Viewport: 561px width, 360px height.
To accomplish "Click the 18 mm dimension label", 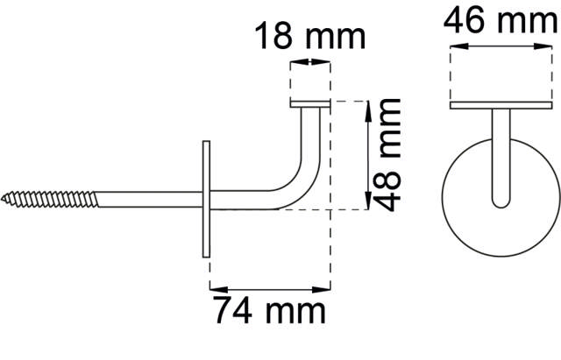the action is pos(310,36).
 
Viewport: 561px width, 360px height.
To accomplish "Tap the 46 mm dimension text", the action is pos(501,21).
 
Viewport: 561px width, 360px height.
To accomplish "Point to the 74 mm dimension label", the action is pos(270,310).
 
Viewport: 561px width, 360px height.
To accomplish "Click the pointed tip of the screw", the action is pos(2,198).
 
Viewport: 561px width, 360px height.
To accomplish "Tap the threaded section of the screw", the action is pos(49,199).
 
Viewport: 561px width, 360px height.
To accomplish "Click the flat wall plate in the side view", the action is pos(206,199).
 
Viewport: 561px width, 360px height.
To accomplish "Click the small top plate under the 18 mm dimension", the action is pos(309,104).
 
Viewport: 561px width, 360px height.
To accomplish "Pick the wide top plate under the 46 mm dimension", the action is pos(501,105).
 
